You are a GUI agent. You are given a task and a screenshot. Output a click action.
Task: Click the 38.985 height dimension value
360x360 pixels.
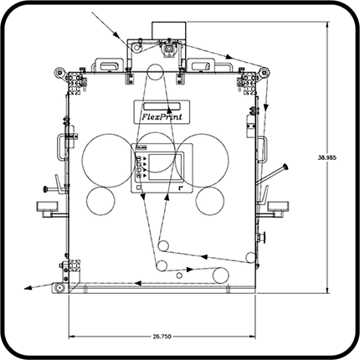tap(327, 157)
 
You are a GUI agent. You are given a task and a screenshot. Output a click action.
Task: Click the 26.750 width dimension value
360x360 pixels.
tap(162, 337)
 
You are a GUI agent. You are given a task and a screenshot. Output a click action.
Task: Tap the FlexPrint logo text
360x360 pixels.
tap(162, 116)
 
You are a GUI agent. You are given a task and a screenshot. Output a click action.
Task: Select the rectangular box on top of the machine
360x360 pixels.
tap(169, 31)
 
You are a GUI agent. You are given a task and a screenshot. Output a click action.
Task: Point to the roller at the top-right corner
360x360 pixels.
tap(264, 73)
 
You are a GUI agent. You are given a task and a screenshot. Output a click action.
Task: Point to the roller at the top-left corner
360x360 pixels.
tap(59, 73)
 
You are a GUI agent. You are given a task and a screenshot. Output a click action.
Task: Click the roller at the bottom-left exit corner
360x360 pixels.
tap(59, 287)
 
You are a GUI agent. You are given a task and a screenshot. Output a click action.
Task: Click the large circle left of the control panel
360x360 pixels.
tap(82, 160)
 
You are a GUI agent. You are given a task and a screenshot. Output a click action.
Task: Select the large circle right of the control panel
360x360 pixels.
tap(229, 160)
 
